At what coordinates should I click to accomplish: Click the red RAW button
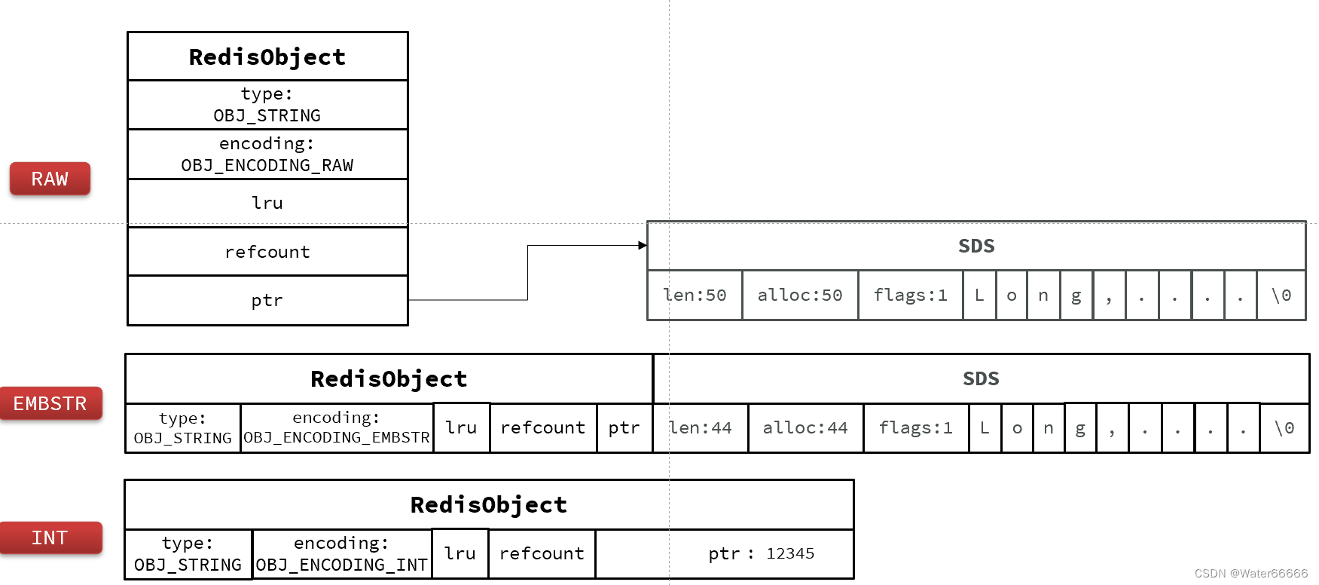coord(50,179)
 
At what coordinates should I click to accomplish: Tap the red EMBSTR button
coord(50,403)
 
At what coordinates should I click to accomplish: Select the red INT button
coord(50,538)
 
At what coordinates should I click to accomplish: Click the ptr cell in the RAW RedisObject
coord(267,300)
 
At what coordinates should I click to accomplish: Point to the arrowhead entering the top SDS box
coord(643,245)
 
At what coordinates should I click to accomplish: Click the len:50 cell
coord(695,295)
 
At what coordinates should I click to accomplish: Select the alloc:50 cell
coord(800,295)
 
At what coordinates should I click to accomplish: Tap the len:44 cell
coord(701,427)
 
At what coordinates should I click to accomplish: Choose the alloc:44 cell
coord(805,427)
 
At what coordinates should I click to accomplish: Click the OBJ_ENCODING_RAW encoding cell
coord(267,155)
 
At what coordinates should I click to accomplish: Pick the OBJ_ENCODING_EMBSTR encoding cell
coord(337,427)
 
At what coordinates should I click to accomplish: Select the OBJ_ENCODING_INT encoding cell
coord(342,554)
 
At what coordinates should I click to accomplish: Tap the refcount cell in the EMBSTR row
coord(543,427)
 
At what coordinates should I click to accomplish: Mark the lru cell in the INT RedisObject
coord(460,554)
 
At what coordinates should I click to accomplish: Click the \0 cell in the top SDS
coord(1281,295)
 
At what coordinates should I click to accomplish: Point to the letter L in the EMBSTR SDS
coord(985,427)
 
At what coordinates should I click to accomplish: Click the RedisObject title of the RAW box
coord(267,57)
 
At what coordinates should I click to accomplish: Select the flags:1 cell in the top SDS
coord(910,295)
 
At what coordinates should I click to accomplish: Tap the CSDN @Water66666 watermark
coord(1250,574)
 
